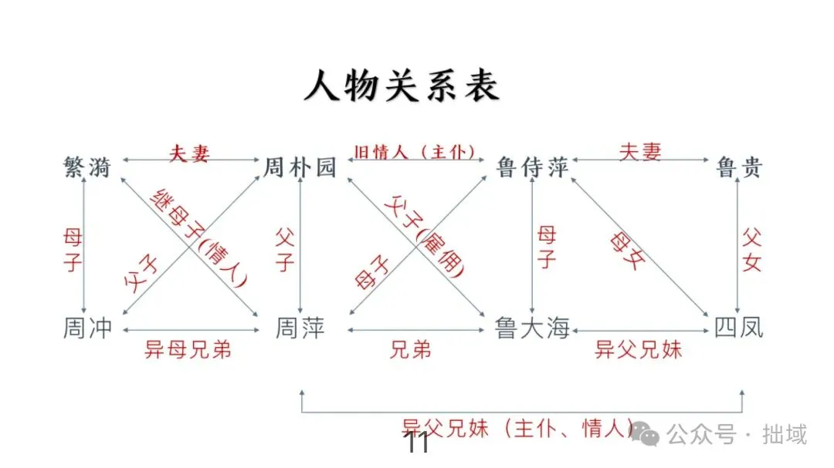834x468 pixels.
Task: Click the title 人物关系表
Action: (402, 86)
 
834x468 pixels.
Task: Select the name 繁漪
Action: (87, 167)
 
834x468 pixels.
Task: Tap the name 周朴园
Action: (300, 167)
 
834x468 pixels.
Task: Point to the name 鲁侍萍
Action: (533, 167)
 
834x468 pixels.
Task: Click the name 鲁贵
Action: (739, 167)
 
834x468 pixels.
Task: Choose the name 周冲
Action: (87, 328)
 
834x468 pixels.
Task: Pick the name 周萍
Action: (300, 329)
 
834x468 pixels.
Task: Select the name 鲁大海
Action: (533, 330)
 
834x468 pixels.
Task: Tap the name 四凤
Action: (738, 328)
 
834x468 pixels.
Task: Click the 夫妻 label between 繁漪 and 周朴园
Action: (189, 153)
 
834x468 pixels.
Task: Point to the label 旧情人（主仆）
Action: (414, 152)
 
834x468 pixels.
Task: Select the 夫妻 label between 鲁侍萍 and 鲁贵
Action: (640, 152)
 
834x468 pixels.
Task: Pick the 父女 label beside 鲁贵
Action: (751, 249)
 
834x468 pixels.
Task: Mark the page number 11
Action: (417, 444)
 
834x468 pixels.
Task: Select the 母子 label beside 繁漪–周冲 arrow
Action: (73, 249)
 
